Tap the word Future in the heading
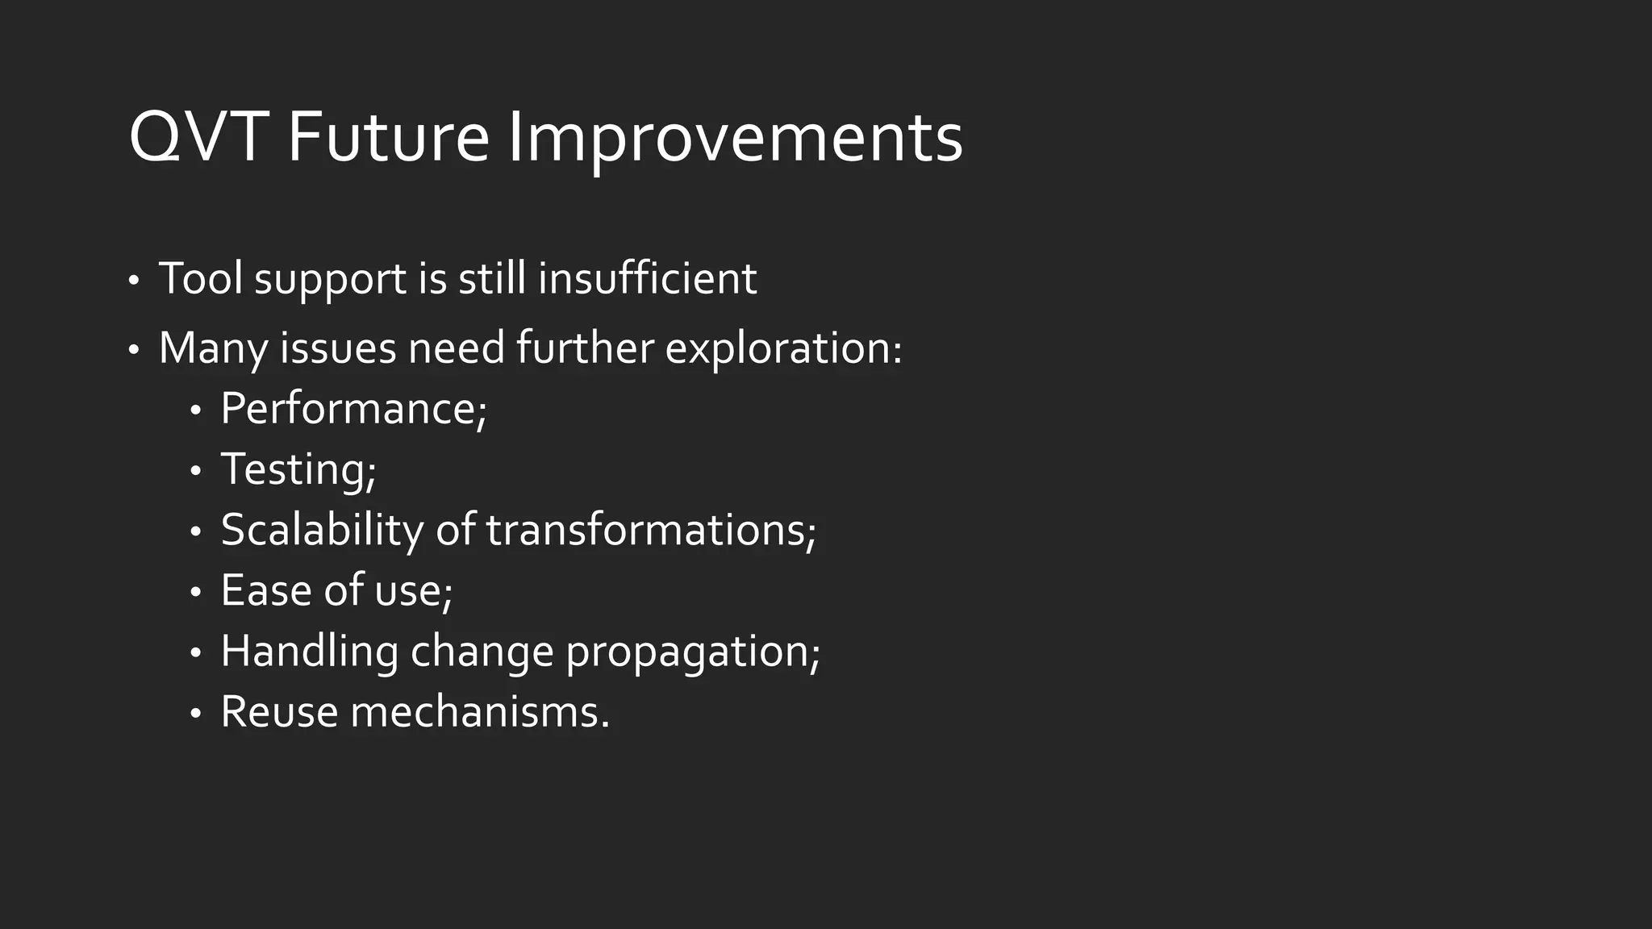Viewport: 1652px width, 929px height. [x=388, y=138]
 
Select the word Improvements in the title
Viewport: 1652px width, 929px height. [x=735, y=138]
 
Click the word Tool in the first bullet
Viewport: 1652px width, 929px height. [x=201, y=278]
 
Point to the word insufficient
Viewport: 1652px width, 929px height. [x=647, y=278]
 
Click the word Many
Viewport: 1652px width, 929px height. [x=214, y=348]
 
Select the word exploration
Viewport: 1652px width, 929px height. [x=782, y=348]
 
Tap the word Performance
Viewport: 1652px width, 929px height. [x=353, y=408]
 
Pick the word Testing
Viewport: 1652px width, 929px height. [x=297, y=469]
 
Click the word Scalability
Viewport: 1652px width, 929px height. [x=322, y=530]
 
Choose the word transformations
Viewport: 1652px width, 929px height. [x=649, y=530]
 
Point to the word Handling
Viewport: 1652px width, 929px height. [x=309, y=651]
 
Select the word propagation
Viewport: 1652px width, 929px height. [x=691, y=652]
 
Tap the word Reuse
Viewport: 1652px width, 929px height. [x=279, y=712]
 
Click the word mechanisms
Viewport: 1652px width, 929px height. [x=478, y=712]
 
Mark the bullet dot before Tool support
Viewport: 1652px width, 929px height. [x=134, y=281]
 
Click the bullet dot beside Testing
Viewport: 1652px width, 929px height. [x=195, y=471]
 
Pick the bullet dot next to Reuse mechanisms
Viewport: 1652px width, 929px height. [x=195, y=714]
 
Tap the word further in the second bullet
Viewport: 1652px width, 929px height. [x=585, y=348]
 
